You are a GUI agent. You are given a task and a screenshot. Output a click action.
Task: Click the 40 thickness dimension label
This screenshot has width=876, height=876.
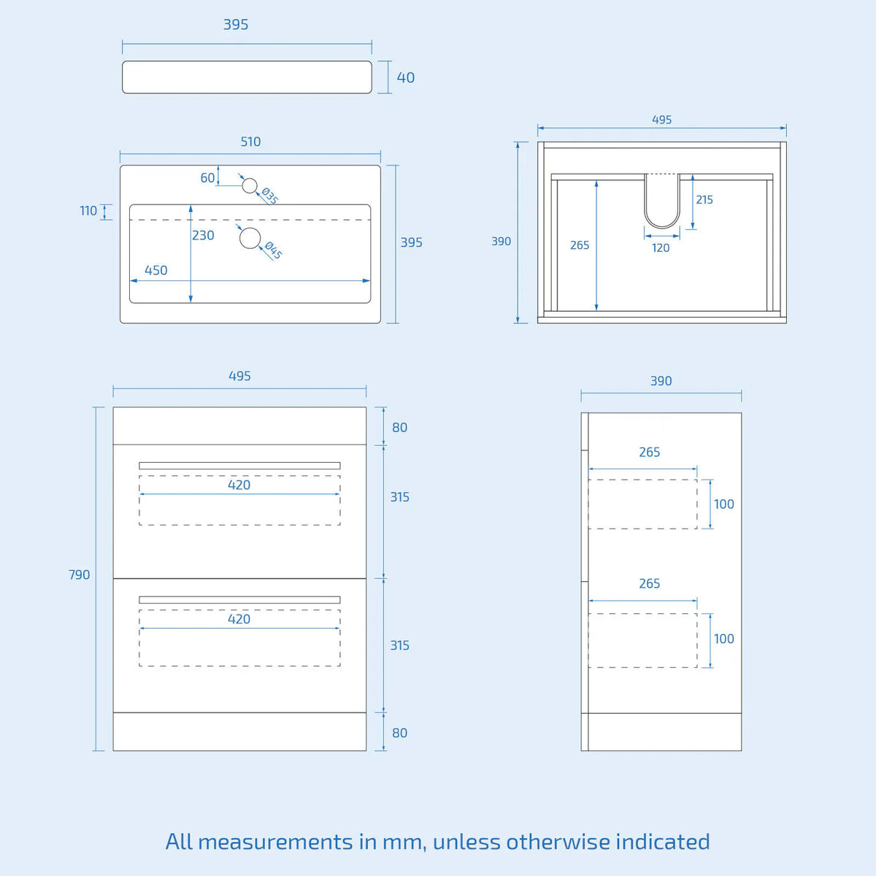click(406, 77)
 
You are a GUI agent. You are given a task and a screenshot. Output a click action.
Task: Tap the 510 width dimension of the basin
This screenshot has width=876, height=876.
click(250, 142)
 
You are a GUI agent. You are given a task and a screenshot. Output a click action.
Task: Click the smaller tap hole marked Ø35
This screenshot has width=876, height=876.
click(250, 186)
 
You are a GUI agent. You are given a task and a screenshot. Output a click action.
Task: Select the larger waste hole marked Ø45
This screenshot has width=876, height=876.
click(250, 238)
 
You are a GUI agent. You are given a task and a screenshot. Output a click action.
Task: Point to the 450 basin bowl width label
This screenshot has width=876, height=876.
click(155, 270)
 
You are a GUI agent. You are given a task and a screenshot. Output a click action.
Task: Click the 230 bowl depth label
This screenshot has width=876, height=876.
click(203, 235)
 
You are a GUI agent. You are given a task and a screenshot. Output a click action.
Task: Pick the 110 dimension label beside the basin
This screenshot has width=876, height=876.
click(88, 211)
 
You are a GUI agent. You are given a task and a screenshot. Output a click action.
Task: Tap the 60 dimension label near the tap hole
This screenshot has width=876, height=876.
click(207, 177)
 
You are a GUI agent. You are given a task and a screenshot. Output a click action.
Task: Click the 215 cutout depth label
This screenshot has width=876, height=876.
click(704, 199)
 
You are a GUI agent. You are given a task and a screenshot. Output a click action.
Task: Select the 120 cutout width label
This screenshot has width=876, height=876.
click(661, 247)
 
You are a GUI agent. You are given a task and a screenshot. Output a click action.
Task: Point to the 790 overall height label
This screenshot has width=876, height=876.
click(79, 575)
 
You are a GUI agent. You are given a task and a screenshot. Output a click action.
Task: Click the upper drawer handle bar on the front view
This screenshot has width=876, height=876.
click(239, 466)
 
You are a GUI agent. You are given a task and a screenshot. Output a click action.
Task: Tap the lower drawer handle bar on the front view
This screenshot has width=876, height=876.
click(239, 600)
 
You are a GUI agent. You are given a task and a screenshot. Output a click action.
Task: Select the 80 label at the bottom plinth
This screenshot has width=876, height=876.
click(399, 733)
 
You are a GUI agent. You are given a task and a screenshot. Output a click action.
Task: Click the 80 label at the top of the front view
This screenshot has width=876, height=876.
click(399, 428)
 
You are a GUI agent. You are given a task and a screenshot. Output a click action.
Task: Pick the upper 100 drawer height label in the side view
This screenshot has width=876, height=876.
click(723, 504)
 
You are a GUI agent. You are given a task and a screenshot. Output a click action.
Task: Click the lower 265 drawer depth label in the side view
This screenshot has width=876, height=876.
click(649, 583)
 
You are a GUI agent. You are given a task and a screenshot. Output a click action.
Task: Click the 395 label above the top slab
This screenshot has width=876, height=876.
click(236, 25)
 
